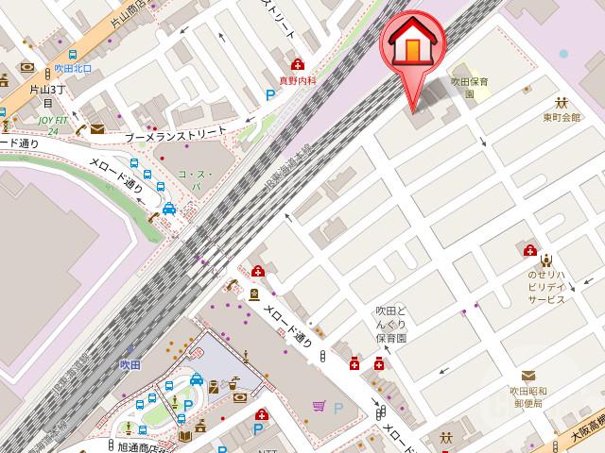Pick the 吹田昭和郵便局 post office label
pyautogui.click(x=526, y=396)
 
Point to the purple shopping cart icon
pyautogui.click(x=320, y=407)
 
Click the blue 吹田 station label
pyautogui.click(x=130, y=364)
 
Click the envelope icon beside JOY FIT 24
pyautogui.click(x=97, y=129)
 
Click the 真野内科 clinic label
pyautogui.click(x=298, y=82)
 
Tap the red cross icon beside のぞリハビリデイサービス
pyautogui.click(x=530, y=252)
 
